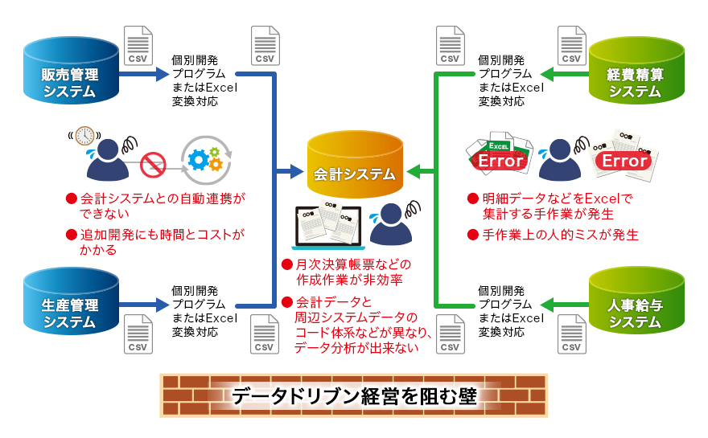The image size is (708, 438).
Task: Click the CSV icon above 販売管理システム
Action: point(138,46)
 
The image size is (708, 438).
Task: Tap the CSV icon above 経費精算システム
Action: point(573,46)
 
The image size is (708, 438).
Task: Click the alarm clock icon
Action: point(85,136)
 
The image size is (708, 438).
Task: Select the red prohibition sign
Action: point(153,166)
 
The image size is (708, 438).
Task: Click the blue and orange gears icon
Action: point(205,160)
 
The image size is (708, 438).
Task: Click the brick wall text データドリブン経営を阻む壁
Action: point(354,396)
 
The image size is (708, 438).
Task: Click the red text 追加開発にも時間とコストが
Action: point(162,235)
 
